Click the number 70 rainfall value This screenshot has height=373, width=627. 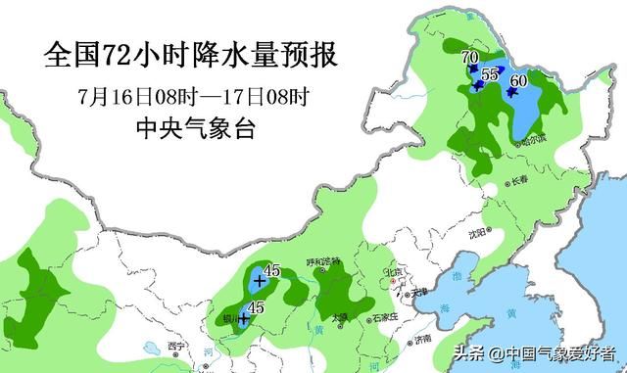469,58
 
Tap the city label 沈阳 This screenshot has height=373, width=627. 477,234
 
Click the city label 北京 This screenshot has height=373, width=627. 395,273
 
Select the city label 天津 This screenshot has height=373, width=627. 419,292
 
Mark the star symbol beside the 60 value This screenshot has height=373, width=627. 511,94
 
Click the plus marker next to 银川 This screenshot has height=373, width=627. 243,318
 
